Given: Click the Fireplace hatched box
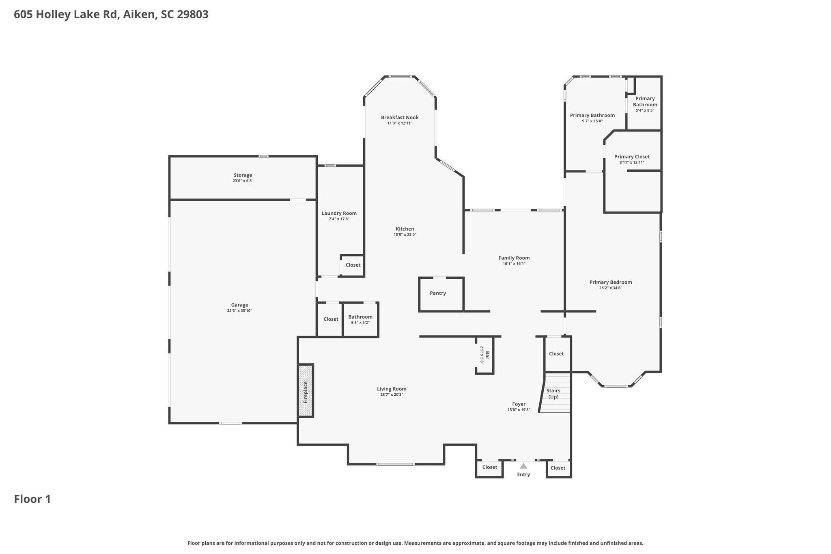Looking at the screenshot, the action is click(306, 390).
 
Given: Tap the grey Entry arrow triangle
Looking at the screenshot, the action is click(523, 466).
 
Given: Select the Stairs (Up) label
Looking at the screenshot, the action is click(553, 394).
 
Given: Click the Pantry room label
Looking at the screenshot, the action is click(438, 293).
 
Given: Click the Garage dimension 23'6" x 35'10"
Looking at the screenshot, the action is click(239, 311).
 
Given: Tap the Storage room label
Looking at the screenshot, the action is click(243, 175).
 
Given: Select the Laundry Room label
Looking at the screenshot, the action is click(339, 213).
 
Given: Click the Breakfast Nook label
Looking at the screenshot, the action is click(400, 118).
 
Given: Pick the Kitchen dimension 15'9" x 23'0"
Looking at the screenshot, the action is click(405, 235).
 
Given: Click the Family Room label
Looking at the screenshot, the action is click(514, 258).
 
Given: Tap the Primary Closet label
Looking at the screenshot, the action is click(632, 157).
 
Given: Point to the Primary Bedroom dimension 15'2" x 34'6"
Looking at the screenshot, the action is click(611, 288).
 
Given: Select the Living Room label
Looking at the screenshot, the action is click(392, 389).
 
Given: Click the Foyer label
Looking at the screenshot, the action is click(519, 404).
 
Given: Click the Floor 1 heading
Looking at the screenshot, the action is click(32, 499).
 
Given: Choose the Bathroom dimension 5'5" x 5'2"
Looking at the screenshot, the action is click(360, 323).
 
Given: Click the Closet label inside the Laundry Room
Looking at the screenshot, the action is click(353, 265).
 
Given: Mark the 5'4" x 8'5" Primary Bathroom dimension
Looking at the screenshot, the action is click(645, 110).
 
